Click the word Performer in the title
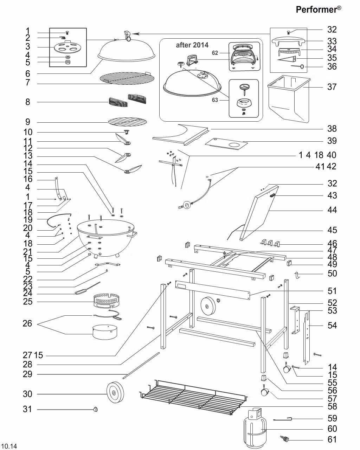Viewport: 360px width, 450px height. click(316, 9)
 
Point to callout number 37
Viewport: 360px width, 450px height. click(332, 87)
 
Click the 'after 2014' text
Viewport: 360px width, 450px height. click(192, 45)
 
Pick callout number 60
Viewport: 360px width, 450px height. click(332, 429)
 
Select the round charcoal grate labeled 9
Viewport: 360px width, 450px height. click(127, 121)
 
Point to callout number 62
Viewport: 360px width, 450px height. click(215, 53)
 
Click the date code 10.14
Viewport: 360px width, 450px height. click(9, 446)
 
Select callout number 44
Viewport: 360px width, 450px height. click(332, 210)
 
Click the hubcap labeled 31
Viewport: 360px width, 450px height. click(95, 409)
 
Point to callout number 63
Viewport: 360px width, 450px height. click(215, 100)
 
